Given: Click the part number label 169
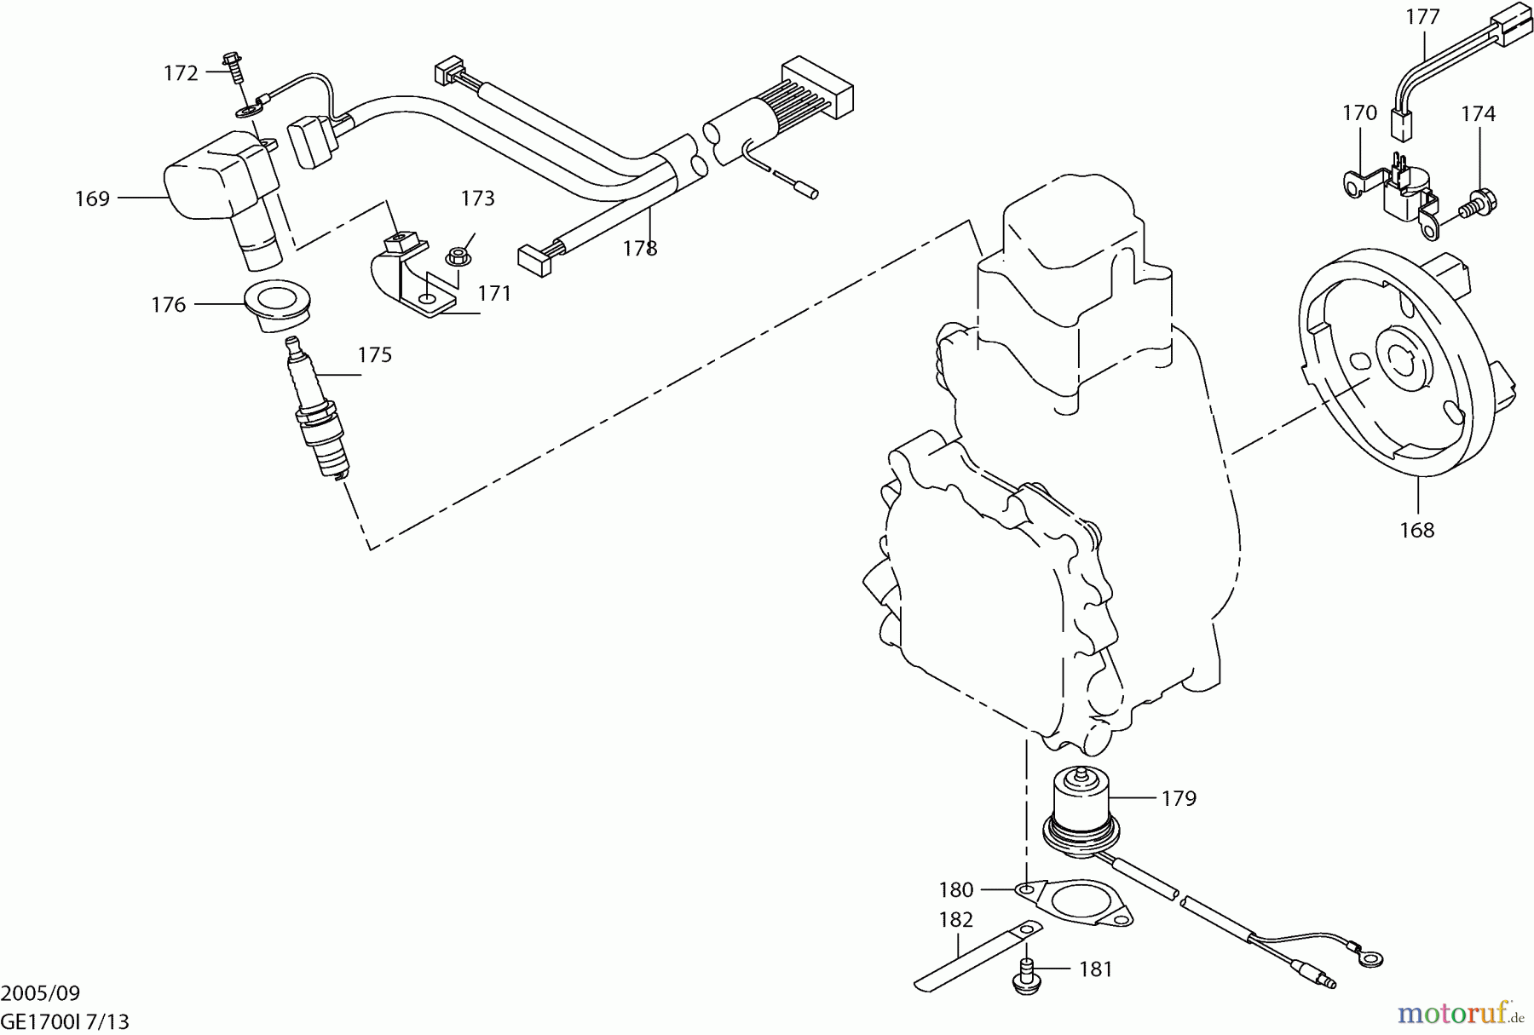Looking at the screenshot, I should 93,198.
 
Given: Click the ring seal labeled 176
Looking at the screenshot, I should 277,305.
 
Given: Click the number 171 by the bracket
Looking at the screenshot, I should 494,294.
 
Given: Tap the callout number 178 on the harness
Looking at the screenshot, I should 639,248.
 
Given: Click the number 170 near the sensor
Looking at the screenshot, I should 1359,113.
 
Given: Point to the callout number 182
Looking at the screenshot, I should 955,920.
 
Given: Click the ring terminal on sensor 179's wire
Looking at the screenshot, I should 1370,959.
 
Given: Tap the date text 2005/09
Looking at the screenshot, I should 40,993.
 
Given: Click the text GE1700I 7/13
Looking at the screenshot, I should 65,1021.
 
